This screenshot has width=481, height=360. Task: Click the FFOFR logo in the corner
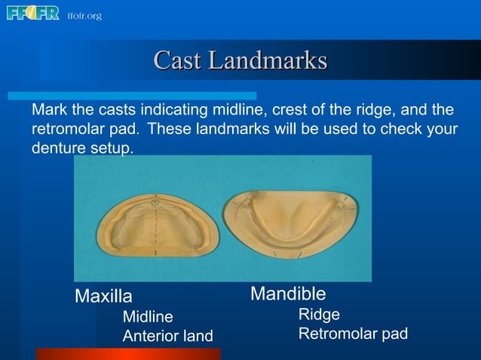pos(32,13)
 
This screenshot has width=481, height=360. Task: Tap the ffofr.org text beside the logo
pos(84,15)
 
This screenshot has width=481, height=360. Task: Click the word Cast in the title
pos(178,60)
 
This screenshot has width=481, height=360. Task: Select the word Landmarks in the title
pos(267,60)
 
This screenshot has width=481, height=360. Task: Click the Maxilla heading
pos(103,297)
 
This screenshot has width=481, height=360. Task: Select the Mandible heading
pos(288,293)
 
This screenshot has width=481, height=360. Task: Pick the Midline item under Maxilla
pos(148,317)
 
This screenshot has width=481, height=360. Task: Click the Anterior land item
pos(167,336)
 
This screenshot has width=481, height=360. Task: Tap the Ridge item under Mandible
pos(319,315)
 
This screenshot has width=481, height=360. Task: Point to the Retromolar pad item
pos(353,334)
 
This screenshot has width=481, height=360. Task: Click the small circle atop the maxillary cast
pos(155,202)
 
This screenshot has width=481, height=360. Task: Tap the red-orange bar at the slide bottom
pos(128,353)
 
